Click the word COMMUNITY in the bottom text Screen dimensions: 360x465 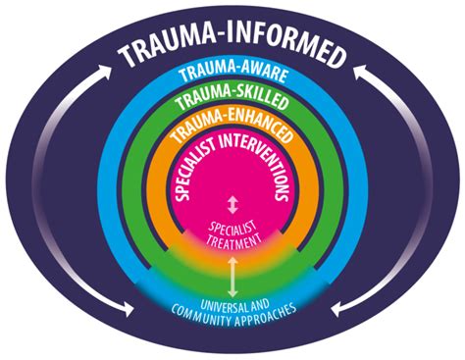[200, 316]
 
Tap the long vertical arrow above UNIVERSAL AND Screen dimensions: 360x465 [232, 278]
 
